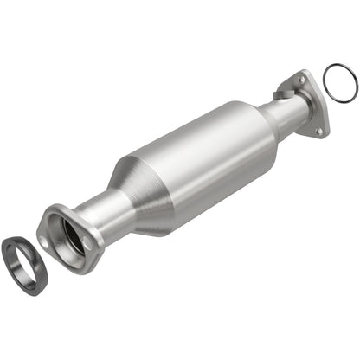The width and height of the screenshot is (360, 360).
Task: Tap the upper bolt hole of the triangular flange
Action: [303, 79]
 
